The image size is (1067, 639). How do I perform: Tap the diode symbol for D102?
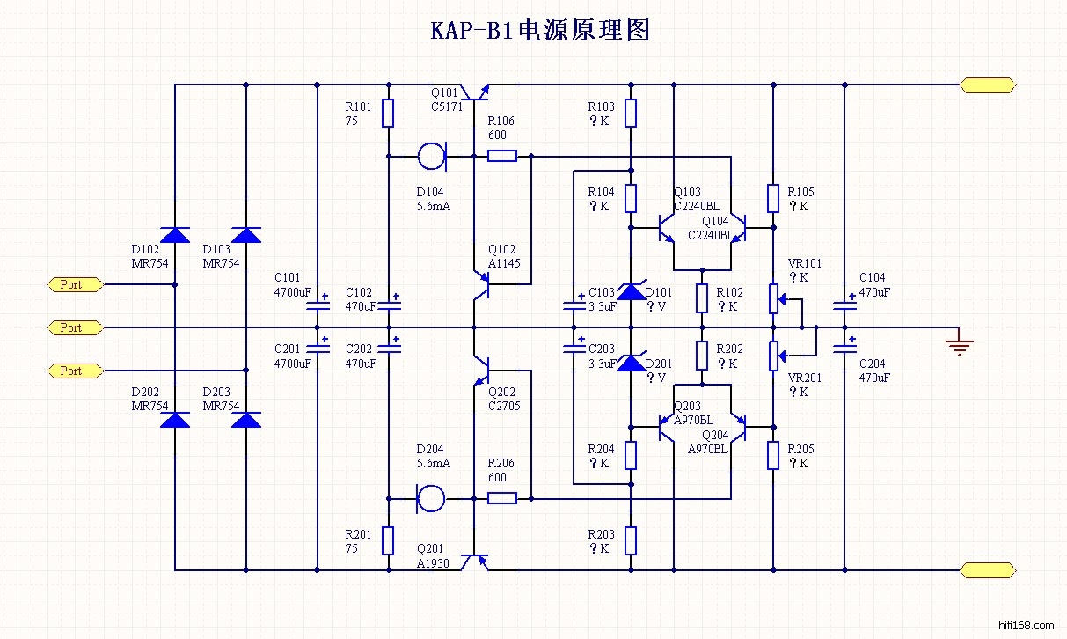[175, 234]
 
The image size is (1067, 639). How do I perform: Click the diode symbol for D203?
[245, 420]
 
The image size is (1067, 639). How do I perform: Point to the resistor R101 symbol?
[387, 113]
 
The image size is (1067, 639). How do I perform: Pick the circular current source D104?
[431, 157]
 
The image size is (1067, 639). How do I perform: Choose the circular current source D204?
[431, 498]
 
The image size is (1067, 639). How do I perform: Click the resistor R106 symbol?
[501, 157]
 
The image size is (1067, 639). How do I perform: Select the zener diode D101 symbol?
[631, 291]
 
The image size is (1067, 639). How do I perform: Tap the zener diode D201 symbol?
[631, 362]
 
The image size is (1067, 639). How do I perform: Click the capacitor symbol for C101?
[316, 306]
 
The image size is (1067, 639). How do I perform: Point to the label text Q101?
[444, 92]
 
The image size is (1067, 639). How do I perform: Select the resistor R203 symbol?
[631, 540]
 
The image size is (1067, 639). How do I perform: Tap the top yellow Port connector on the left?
[76, 284]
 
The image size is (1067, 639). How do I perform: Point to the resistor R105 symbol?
[773, 198]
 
